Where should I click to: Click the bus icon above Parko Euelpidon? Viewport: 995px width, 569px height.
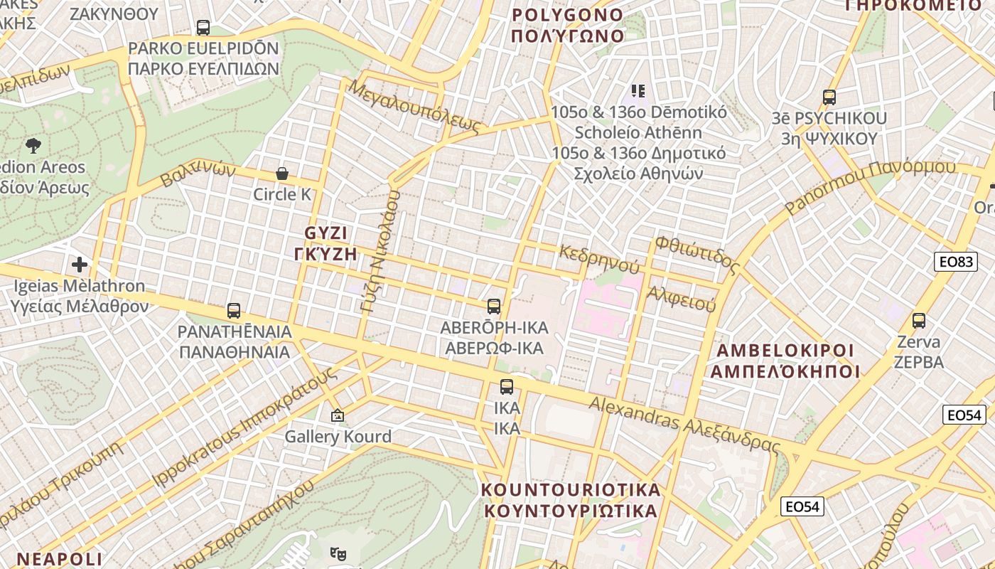203,28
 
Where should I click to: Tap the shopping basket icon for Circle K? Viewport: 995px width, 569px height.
282,174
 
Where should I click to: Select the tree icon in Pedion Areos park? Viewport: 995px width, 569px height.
33,147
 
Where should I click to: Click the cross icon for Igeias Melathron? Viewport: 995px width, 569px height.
80,265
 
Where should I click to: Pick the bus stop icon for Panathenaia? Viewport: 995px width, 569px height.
234,311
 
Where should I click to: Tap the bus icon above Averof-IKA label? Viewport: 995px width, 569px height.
494,307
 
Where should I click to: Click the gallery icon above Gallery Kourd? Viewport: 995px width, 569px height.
338,415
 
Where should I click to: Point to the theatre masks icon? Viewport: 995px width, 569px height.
337,552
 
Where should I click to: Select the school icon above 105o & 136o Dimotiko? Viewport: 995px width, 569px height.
638,90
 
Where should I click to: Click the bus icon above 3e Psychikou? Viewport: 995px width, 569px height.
829,97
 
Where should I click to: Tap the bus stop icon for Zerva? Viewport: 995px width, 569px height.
919,321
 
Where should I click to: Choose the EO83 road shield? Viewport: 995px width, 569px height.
955,262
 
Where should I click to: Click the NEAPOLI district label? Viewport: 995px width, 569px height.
60,558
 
